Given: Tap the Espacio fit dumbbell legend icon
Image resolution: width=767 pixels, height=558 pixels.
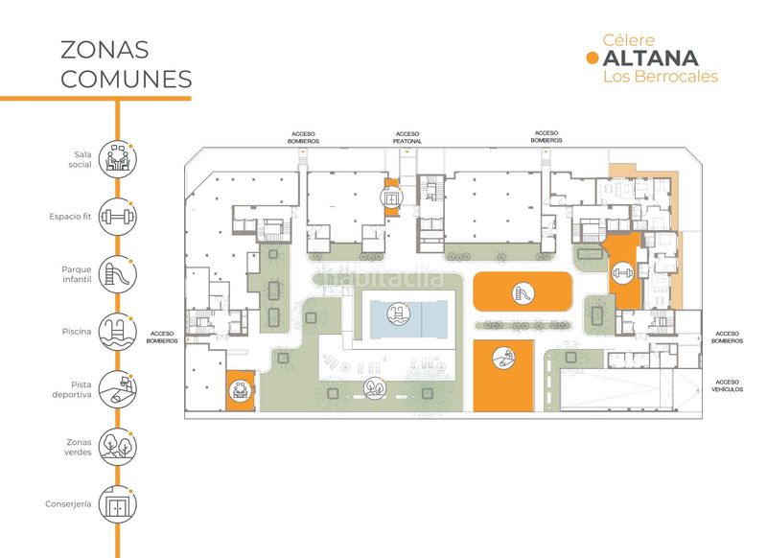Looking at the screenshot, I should click(118, 217).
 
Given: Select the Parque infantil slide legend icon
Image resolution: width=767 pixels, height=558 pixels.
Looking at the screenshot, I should click(118, 274).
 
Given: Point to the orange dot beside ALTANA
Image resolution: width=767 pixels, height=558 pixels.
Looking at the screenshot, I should click(592, 58).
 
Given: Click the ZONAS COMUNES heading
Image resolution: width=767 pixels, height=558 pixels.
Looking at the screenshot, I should click(126, 64).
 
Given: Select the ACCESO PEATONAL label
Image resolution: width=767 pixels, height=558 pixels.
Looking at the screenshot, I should click(407, 137).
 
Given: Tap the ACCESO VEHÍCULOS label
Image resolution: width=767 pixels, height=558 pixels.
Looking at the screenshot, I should click(727, 385).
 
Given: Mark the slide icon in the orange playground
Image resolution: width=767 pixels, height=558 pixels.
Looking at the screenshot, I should click(523, 291).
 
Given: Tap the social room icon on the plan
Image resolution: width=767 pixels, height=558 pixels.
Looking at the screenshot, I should click(240, 391).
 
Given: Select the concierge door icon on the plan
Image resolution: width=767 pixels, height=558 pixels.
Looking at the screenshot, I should click(390, 198).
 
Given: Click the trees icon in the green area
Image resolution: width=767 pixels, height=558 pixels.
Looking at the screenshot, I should click(372, 389).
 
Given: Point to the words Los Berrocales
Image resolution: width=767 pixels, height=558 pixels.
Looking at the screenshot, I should click(661, 77).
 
